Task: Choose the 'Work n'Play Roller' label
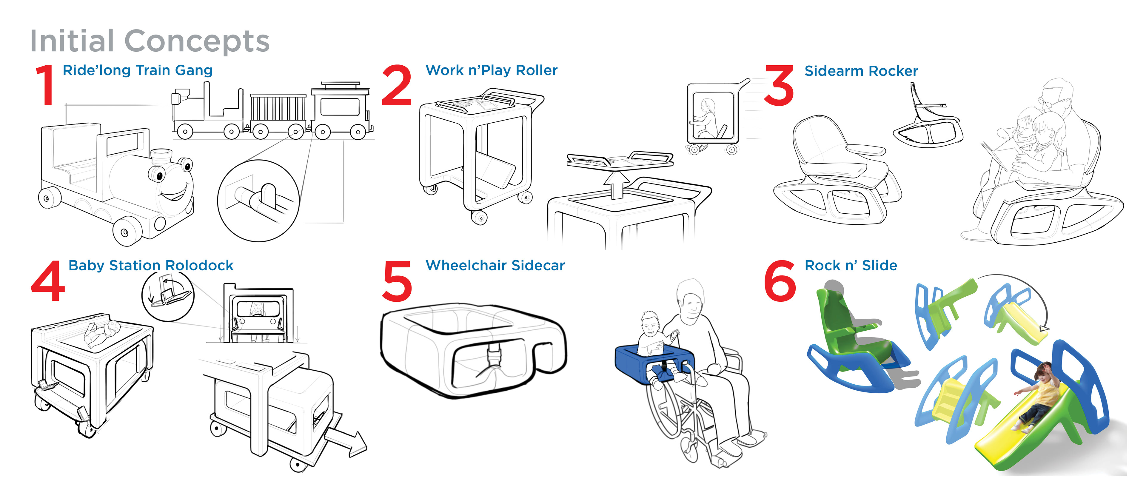491,70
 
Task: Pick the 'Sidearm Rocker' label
861,71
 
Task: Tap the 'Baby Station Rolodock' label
151,266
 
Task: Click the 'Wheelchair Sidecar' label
495,266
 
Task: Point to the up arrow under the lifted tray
616,184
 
